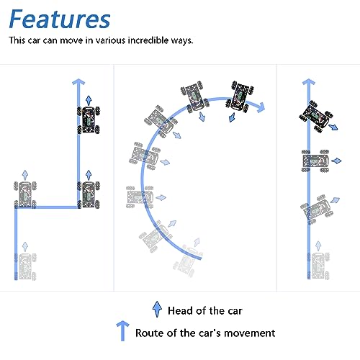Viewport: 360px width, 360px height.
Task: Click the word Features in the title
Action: coord(60,19)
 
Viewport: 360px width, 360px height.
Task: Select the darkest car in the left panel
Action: coord(88,120)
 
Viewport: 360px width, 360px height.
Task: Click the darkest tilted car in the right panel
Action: coord(314,112)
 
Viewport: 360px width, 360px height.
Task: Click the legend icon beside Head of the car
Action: coord(157,310)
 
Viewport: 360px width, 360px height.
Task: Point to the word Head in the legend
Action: coord(181,311)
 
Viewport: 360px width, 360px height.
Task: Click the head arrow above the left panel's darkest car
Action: coord(88,99)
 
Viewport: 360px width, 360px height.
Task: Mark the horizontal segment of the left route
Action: coord(47,209)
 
